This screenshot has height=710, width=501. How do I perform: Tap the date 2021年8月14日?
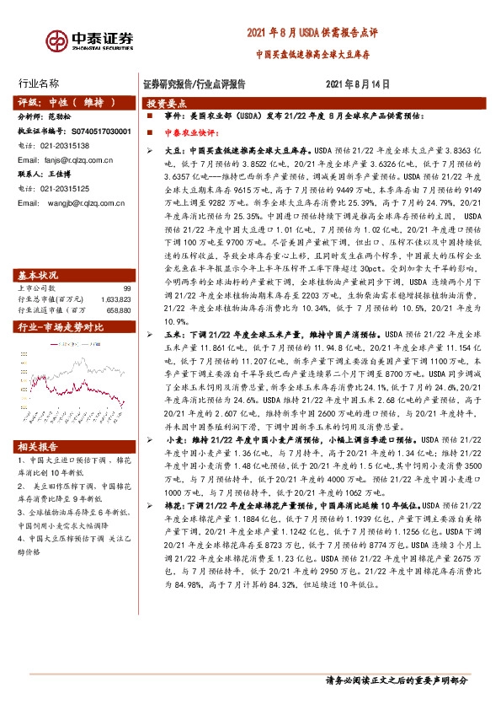(358, 84)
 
